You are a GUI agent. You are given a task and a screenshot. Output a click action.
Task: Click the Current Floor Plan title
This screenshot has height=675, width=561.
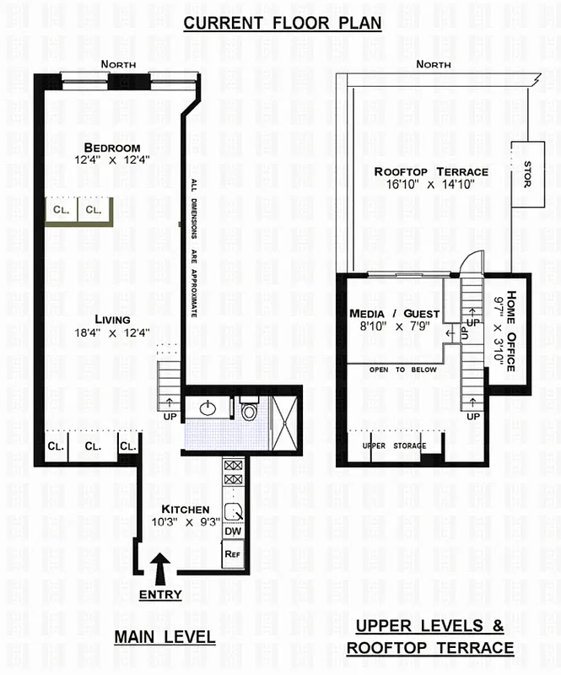283,23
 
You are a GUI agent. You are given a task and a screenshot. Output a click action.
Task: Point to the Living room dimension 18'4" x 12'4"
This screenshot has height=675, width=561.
113,332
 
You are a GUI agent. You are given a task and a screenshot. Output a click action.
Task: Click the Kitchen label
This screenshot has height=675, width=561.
186,509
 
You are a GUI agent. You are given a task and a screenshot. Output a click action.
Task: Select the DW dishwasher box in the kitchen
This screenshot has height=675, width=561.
233,532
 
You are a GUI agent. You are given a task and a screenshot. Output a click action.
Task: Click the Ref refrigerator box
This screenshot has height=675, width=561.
233,553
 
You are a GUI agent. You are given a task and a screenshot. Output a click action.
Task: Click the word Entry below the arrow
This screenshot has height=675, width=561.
160,594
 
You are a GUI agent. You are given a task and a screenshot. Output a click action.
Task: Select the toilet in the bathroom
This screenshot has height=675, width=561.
248,411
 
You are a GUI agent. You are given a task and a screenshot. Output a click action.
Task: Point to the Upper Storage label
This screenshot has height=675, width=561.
394,445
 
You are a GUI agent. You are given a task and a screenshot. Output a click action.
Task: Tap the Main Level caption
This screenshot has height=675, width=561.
165,638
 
